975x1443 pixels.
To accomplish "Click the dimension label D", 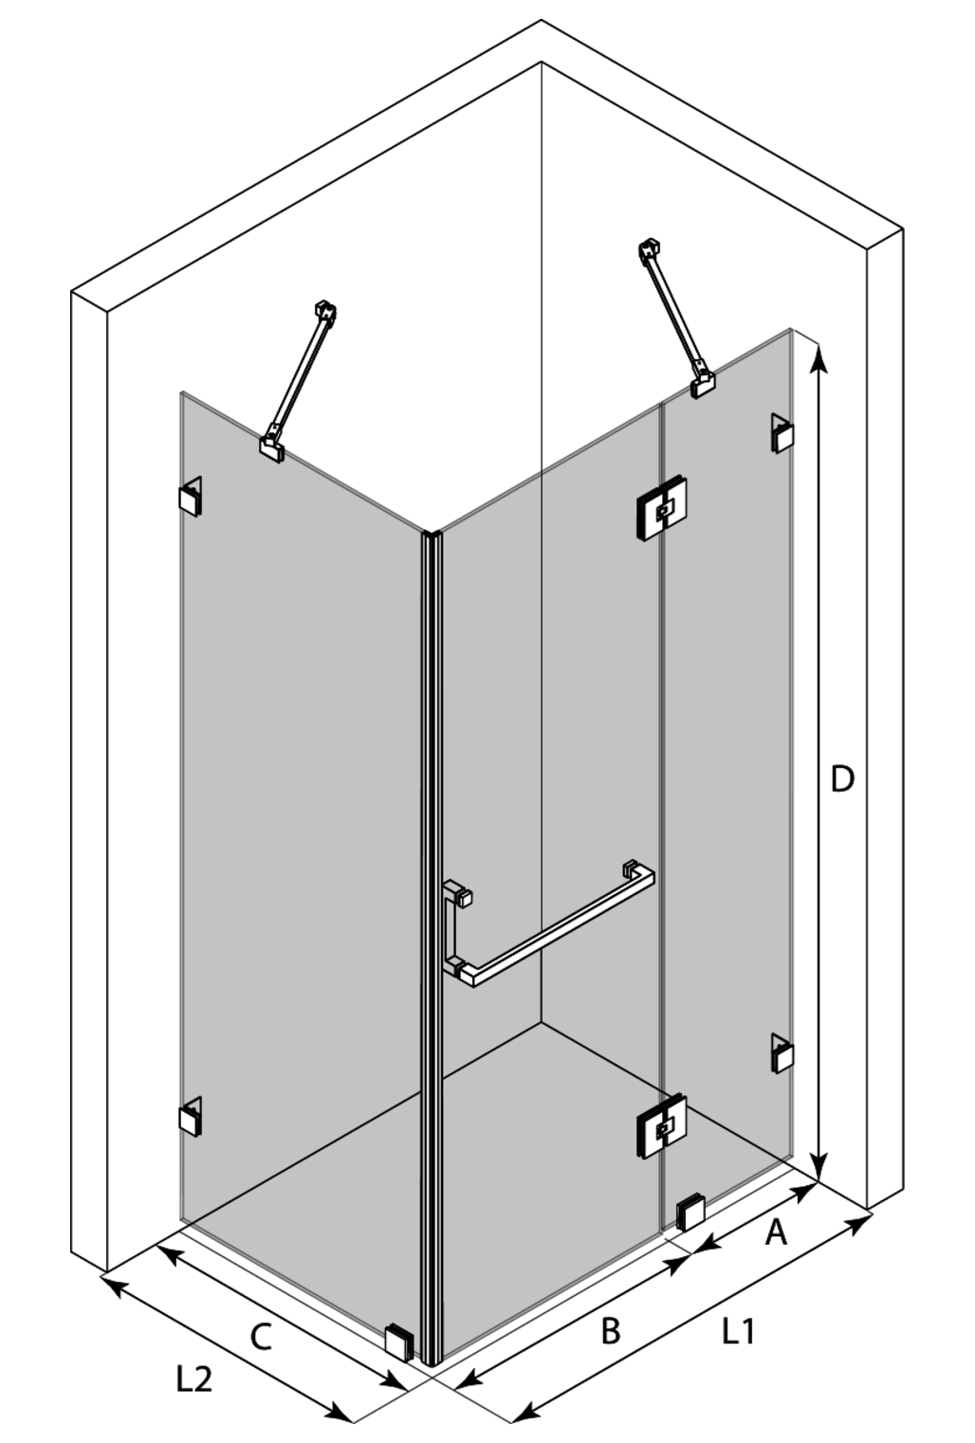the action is coord(841,779).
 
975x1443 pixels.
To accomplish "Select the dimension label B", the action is coord(610,1331).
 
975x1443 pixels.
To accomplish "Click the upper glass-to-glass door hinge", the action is coord(661,509).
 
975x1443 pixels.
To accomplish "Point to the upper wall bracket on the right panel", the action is coord(782,433).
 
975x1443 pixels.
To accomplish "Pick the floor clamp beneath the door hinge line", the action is coord(690,1213).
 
